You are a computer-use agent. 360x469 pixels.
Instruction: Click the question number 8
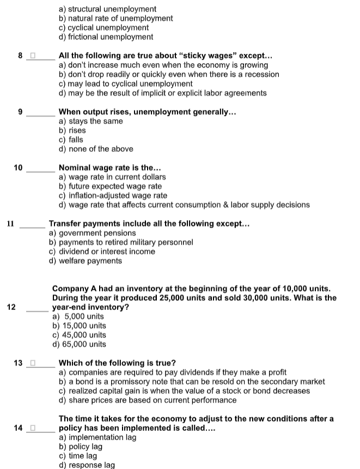click(x=20, y=56)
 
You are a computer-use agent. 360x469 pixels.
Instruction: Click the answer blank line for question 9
click(x=41, y=115)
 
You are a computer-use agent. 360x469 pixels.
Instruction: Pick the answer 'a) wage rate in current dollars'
click(x=112, y=177)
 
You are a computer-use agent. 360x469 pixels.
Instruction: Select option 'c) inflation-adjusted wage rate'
click(x=113, y=196)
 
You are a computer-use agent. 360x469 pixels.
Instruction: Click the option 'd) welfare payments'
click(x=86, y=261)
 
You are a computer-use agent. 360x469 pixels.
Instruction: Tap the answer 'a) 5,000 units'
click(x=78, y=316)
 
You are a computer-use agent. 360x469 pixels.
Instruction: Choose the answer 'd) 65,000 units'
click(x=80, y=344)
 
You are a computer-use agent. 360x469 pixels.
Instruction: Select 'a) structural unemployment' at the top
click(x=107, y=9)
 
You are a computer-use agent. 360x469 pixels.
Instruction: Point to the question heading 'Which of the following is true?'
click(x=117, y=363)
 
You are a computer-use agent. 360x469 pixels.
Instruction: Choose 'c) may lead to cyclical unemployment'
click(x=125, y=83)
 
